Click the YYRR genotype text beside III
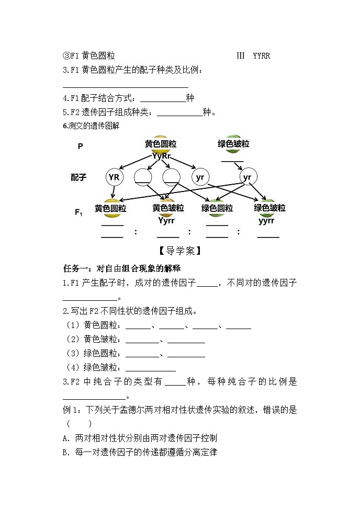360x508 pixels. (x=261, y=55)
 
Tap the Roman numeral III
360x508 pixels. (x=241, y=55)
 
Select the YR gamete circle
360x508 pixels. (x=114, y=177)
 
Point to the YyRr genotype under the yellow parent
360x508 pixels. (x=161, y=155)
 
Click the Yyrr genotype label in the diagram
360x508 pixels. (x=167, y=220)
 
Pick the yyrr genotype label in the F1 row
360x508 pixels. (x=266, y=220)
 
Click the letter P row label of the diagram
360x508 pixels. (x=80, y=146)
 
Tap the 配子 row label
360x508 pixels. (x=78, y=177)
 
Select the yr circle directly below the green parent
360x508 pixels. (x=247, y=177)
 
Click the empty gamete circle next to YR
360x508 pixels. (x=142, y=177)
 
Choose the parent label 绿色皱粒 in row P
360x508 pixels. (x=233, y=144)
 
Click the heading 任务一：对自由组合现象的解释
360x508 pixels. (x=121, y=268)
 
